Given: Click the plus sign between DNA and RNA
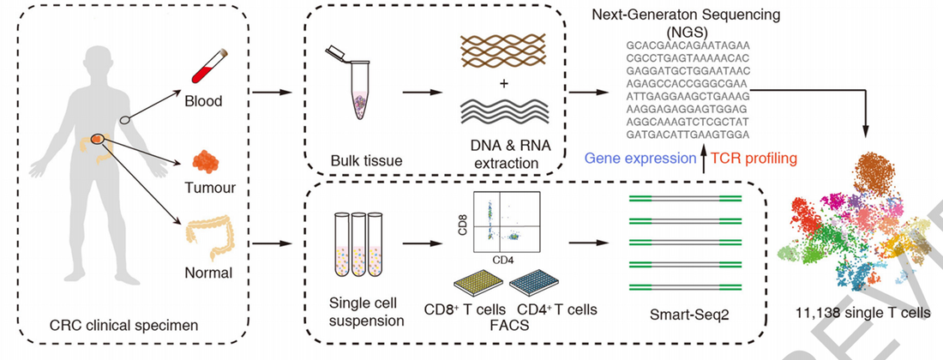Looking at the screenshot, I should coord(503,84).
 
